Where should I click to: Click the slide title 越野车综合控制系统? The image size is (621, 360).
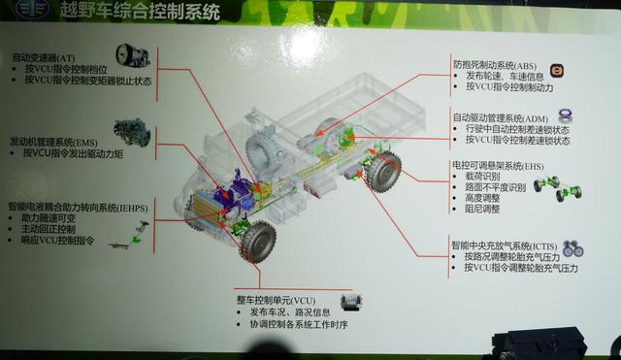pos(140,15)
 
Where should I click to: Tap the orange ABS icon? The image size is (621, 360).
pos(557,71)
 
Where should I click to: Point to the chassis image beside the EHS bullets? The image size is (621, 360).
pos(566,185)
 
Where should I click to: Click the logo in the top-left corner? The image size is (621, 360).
pos(14,14)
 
